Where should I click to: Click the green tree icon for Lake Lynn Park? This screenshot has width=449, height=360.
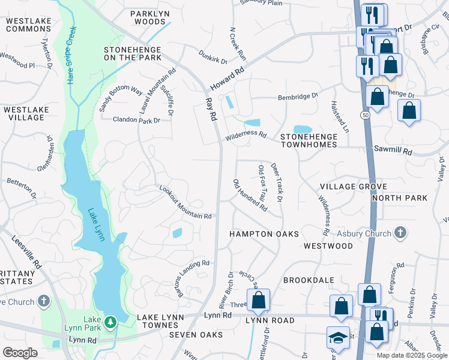pyautogui.click(x=110, y=323)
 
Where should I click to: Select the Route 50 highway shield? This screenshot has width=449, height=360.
pyautogui.click(x=365, y=114)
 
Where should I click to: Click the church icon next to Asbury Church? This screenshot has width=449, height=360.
pyautogui.click(x=401, y=232)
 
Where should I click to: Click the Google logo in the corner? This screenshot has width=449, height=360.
pyautogui.click(x=20, y=353)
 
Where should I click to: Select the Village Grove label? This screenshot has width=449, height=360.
pyautogui.click(x=354, y=187)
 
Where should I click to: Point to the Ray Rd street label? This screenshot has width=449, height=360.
pyautogui.click(x=210, y=110)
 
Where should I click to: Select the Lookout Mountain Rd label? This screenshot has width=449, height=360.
pyautogui.click(x=185, y=202)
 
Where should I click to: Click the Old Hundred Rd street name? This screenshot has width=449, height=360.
pyautogui.click(x=250, y=195)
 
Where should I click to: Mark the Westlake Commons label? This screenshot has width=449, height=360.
pyautogui.click(x=28, y=25)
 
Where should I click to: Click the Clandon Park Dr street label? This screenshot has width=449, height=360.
pyautogui.click(x=137, y=120)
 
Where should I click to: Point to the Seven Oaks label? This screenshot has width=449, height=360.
pyautogui.click(x=195, y=334)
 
